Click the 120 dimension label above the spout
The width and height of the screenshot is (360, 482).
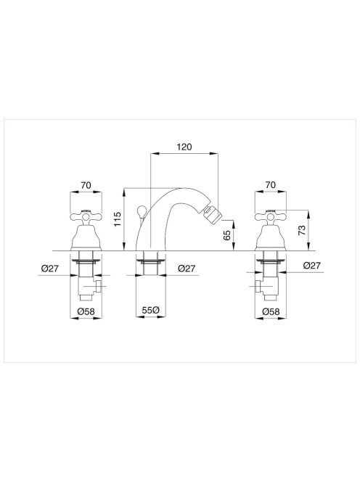(x=184, y=147)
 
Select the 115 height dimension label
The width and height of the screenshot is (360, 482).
(x=118, y=219)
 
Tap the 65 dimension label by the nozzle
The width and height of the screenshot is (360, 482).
(x=226, y=235)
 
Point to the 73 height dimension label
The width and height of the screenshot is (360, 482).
(x=302, y=230)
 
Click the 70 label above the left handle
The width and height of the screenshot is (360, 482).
(x=86, y=185)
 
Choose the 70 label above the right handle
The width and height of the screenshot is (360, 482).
(x=271, y=185)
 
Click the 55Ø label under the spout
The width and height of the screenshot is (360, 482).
(x=151, y=310)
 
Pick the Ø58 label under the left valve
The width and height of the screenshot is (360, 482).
(x=86, y=311)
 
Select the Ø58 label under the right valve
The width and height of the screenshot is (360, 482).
(x=271, y=311)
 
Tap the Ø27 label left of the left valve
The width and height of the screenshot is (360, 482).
(x=50, y=269)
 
